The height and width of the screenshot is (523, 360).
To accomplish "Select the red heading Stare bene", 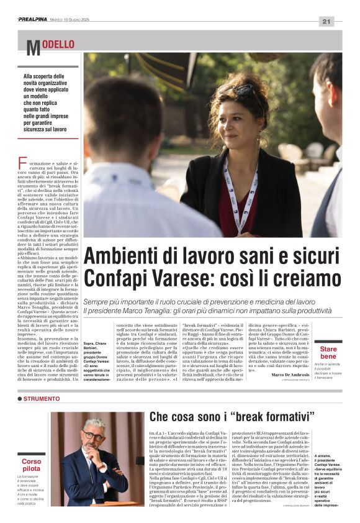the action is (x=328, y=353).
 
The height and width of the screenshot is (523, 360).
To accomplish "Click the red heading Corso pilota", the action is (x=32, y=465).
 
